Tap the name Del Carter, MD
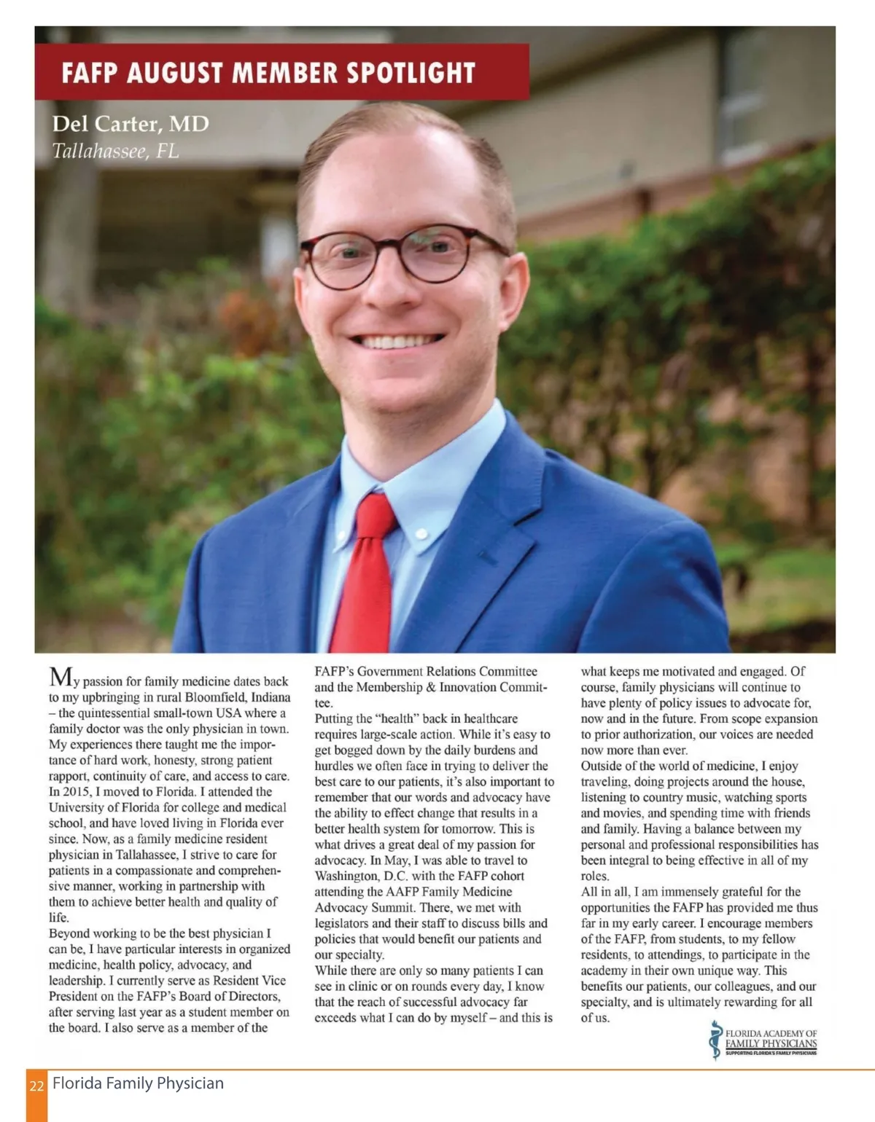(131, 124)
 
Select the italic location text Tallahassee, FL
(115, 151)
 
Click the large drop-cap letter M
(60, 678)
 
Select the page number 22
(36, 1086)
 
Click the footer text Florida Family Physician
(138, 1083)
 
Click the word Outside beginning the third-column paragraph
(604, 766)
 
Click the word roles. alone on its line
(595, 876)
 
